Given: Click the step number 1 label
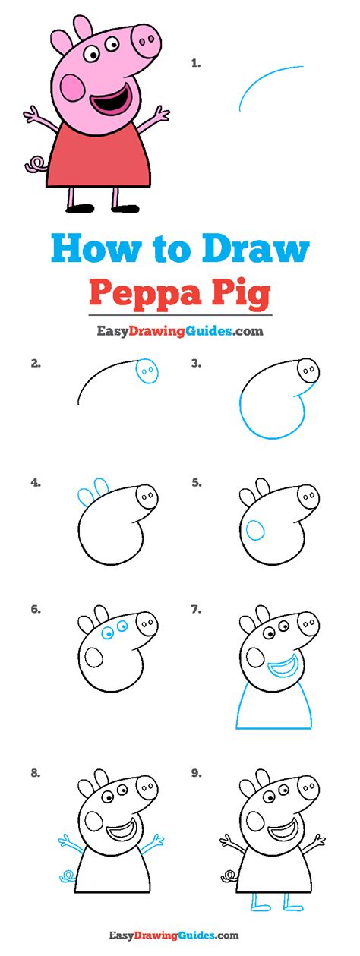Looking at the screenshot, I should (x=196, y=64).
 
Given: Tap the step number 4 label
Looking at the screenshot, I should (x=36, y=482).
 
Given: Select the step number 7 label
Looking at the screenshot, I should (x=196, y=608).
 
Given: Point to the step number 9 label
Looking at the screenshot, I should (x=196, y=774).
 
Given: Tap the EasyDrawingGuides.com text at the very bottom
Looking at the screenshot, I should (x=179, y=935).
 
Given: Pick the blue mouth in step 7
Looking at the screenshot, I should (x=283, y=668).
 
